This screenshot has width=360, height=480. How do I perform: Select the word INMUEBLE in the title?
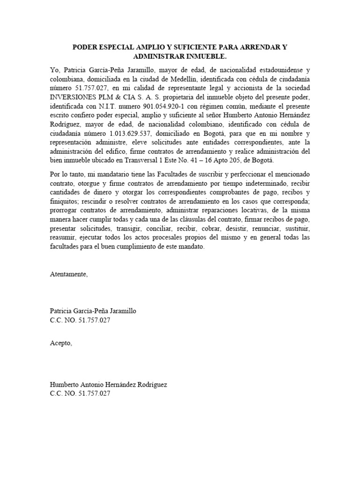(191, 56)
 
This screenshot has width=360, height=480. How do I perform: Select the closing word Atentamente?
(68, 274)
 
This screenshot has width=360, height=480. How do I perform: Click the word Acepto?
(61, 343)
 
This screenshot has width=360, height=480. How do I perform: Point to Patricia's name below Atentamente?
(94, 311)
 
